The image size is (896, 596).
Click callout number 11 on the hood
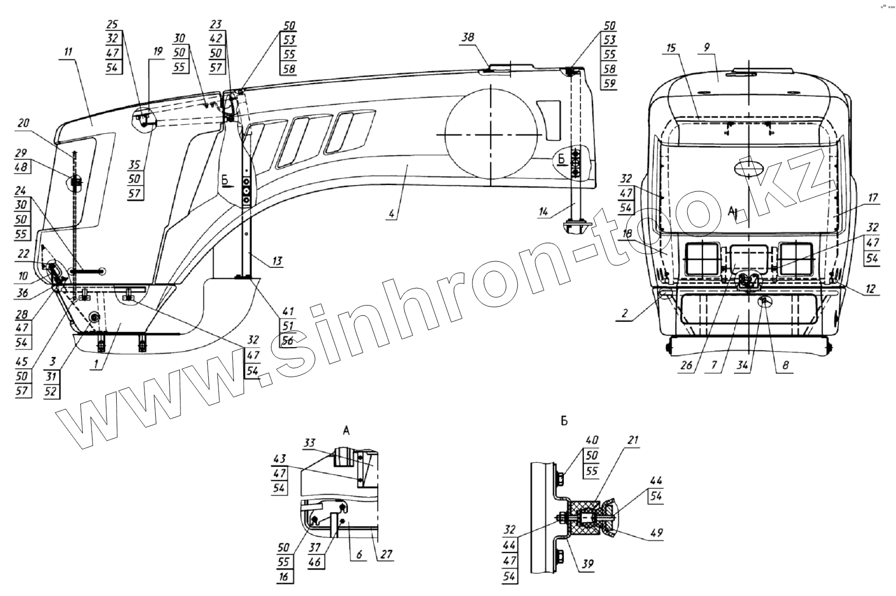pyautogui.click(x=68, y=52)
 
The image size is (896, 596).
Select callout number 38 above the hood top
pyautogui.click(x=468, y=38)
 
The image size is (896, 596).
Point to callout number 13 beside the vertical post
pyautogui.click(x=277, y=261)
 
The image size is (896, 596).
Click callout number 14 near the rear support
pyautogui.click(x=544, y=212)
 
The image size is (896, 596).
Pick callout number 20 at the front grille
pyautogui.click(x=24, y=123)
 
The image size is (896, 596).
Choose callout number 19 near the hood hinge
pyautogui.click(x=157, y=51)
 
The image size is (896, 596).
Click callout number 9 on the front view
pyautogui.click(x=707, y=47)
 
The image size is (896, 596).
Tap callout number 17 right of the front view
pyautogui.click(x=873, y=198)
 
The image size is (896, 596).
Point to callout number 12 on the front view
pyautogui.click(x=870, y=290)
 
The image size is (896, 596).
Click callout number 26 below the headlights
pyautogui.click(x=686, y=366)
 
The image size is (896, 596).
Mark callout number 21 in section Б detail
pyautogui.click(x=633, y=440)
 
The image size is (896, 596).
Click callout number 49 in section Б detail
pyautogui.click(x=656, y=533)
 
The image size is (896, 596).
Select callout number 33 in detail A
pyautogui.click(x=309, y=443)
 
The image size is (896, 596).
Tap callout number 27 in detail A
pyautogui.click(x=387, y=555)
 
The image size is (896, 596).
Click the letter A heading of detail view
pyautogui.click(x=346, y=431)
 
